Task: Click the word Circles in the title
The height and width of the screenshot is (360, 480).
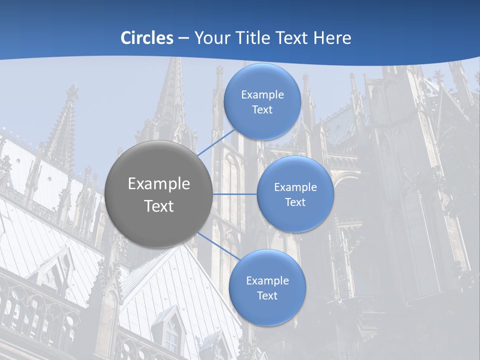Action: tap(146, 38)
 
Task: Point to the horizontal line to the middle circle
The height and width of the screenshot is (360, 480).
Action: tap(235, 194)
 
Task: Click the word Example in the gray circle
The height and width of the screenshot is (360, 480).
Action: tap(159, 184)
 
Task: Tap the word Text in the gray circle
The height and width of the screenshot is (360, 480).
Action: tap(159, 206)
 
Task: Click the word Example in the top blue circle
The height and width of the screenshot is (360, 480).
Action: tap(262, 95)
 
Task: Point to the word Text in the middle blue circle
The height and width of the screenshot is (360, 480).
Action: tap(295, 202)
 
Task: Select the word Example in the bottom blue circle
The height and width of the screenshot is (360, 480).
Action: tap(267, 281)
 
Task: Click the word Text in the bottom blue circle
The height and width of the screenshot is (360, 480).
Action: tap(267, 296)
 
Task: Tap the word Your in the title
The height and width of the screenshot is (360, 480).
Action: tap(210, 38)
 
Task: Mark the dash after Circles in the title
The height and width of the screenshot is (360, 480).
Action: tap(183, 38)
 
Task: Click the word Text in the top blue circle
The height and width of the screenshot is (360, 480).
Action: tap(262, 110)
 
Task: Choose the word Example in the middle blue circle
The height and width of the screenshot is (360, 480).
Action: tap(295, 187)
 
